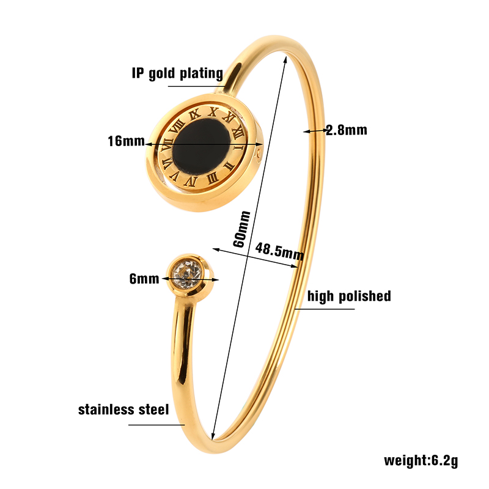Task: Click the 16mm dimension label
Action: coord(127,141)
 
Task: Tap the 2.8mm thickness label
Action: coord(347,130)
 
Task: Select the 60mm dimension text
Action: coord(241,229)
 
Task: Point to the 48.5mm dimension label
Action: coord(279,251)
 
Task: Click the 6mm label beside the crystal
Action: coord(144,279)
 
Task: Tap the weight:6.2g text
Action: coord(421,460)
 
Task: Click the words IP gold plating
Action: coord(177,73)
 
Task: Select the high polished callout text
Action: coord(349,296)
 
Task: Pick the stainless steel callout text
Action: coord(123,410)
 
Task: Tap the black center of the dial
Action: coord(202,147)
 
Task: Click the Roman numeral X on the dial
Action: coord(213,112)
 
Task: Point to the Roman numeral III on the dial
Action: coord(212,178)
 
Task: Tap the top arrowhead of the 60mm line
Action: coord(285,59)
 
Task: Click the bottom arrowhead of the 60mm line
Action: coord(213,436)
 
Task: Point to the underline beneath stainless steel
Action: coord(156,425)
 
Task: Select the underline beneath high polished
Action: coord(325,309)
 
